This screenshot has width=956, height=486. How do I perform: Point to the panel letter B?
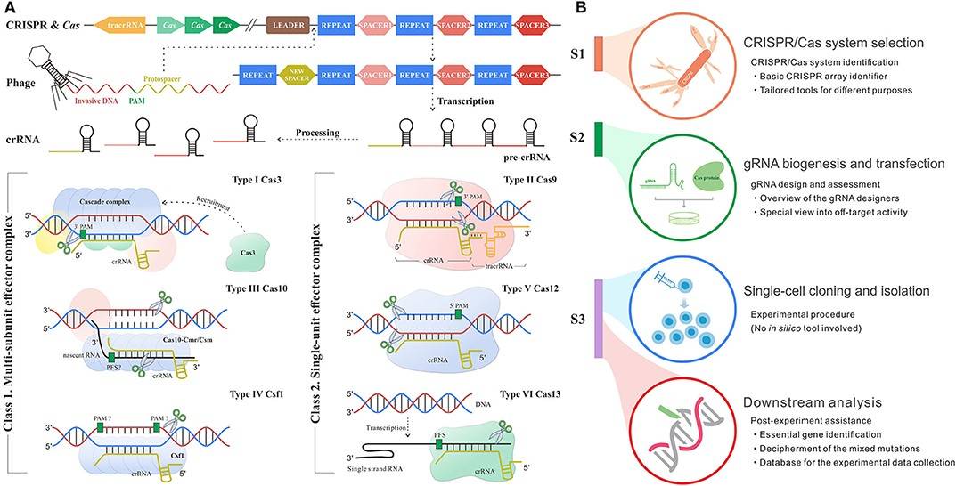(578, 7)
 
